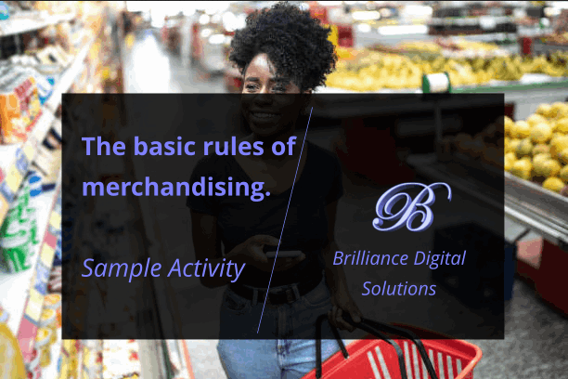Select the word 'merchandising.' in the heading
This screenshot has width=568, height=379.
176,187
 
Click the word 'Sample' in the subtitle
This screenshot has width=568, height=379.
118,268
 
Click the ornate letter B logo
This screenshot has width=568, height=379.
409,206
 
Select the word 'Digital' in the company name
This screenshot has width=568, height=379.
438,259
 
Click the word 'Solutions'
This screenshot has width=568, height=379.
399,289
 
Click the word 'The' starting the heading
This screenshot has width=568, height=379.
101,146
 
